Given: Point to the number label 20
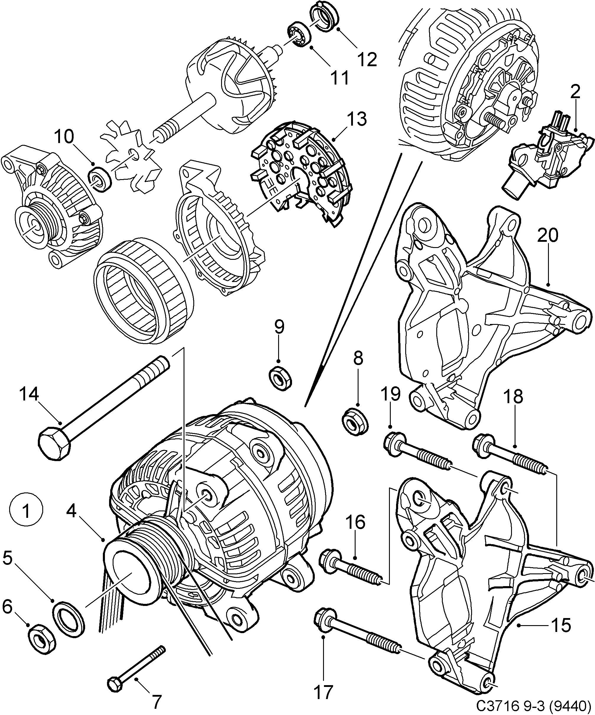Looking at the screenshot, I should tap(548, 235).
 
